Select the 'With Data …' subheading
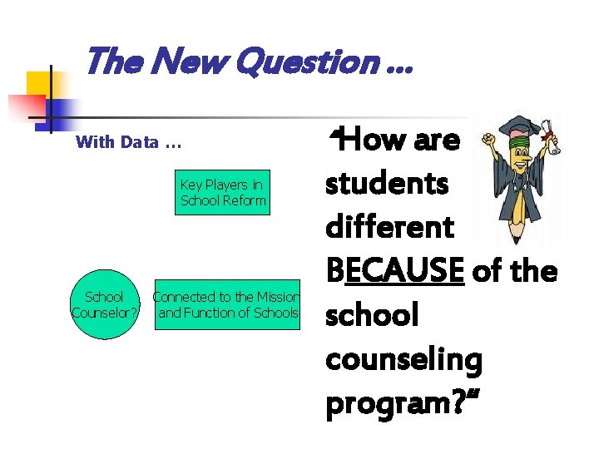127,141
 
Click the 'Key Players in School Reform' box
222,193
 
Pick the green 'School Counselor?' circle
105,304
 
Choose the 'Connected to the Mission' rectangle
226,304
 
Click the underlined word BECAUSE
395,271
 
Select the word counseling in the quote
403,360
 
